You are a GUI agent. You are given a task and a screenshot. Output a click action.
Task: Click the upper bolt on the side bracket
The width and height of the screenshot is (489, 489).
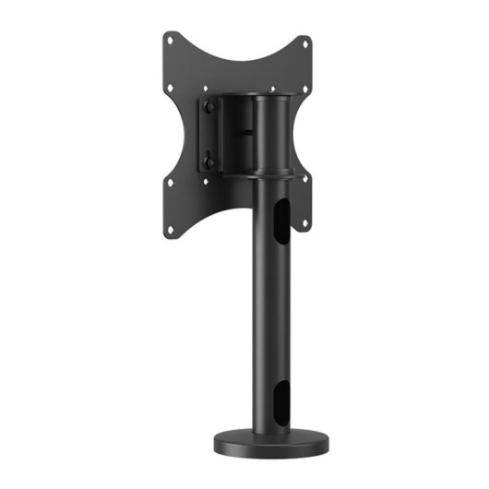[210, 109]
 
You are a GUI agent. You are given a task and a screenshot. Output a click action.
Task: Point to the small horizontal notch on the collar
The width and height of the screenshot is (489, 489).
[247, 132]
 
